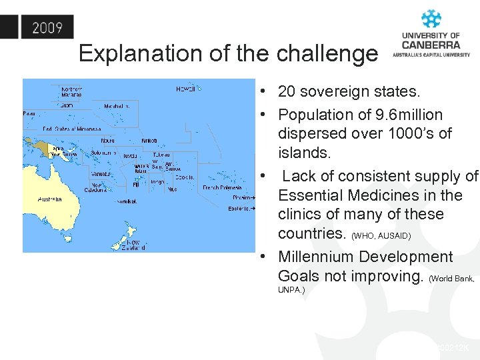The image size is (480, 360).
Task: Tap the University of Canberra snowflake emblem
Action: click(x=431, y=19)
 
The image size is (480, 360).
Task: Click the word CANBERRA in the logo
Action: click(x=431, y=45)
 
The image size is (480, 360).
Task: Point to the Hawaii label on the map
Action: click(x=185, y=88)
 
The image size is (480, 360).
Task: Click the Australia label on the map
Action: click(x=50, y=199)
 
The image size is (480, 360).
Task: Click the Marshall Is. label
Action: click(x=117, y=106)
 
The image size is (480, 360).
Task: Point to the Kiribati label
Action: click(x=149, y=141)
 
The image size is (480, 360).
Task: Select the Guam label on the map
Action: click(x=66, y=105)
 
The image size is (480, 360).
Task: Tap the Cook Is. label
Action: click(x=186, y=177)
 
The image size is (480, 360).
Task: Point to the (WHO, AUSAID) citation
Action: click(x=381, y=236)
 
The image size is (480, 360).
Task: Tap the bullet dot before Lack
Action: click(x=265, y=176)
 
